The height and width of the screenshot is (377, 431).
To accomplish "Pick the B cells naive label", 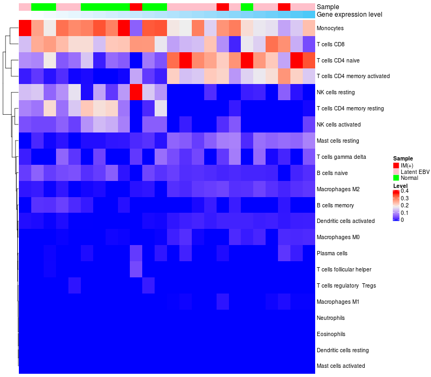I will (333, 173).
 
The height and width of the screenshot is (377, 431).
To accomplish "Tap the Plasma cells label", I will (332, 253).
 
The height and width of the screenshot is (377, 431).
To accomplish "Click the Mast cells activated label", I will (341, 366).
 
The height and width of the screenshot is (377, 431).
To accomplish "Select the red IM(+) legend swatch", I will (396, 165).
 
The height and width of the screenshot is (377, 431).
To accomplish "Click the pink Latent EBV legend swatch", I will (396, 171).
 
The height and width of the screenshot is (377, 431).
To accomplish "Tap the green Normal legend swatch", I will (396, 178).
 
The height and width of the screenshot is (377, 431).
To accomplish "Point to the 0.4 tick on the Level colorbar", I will (404, 191).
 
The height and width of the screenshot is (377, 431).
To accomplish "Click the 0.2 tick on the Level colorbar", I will (404, 206).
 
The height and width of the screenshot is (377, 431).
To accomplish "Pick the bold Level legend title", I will (400, 185).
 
